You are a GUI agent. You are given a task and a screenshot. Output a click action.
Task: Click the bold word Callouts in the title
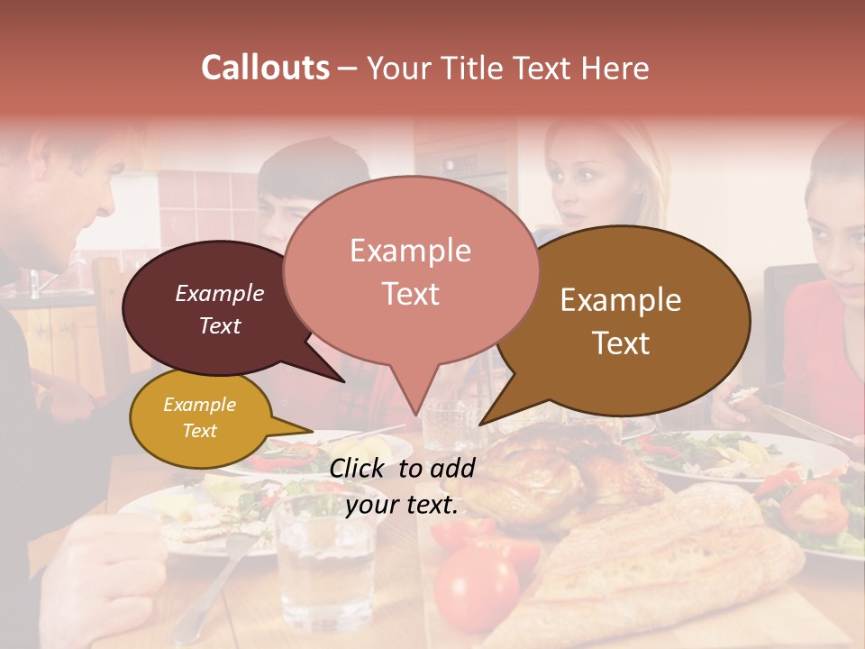click(x=265, y=68)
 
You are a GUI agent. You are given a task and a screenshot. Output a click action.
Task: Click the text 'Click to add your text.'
click(x=402, y=487)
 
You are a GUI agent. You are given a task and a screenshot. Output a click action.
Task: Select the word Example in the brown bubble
click(x=621, y=300)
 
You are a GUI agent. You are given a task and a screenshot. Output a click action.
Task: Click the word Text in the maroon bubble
click(x=220, y=325)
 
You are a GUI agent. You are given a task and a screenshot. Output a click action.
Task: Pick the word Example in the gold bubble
click(x=200, y=405)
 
